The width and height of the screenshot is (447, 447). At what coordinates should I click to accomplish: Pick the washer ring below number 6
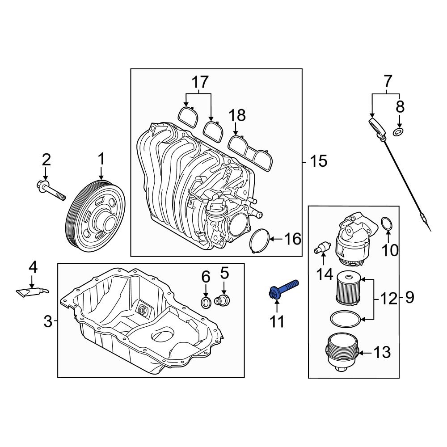point(206,303)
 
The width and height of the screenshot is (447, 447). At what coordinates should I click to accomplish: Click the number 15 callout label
point(319,161)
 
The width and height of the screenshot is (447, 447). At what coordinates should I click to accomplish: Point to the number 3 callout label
point(48,320)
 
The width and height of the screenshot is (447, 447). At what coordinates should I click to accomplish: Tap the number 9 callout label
point(409,297)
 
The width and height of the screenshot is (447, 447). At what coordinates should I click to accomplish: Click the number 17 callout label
point(200,82)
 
